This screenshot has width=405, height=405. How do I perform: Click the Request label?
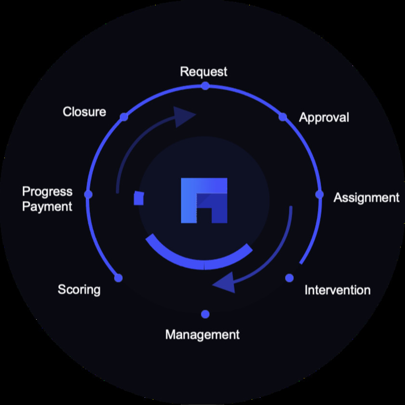tap(203, 71)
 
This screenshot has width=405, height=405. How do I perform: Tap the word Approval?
tap(324, 118)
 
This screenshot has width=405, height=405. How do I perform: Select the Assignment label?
tap(366, 198)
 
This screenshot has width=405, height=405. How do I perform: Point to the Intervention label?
tap(337, 290)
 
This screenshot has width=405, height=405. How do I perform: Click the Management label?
tap(202, 335)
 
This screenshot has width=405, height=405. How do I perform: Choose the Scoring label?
tap(79, 290)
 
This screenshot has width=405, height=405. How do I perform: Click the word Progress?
tap(47, 192)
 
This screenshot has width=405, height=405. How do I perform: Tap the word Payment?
tap(47, 207)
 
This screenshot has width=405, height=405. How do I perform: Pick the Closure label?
tap(84, 112)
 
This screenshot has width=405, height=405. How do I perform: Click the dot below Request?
tap(205, 86)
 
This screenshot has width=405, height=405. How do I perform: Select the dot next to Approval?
tap(283, 117)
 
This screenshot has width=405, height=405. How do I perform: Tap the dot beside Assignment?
tap(319, 194)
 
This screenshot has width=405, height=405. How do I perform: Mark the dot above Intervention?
tap(289, 278)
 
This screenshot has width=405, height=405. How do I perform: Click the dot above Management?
tap(205, 314)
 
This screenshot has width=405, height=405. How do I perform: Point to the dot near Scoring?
tap(118, 278)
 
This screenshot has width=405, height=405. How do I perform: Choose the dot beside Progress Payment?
tap(88, 194)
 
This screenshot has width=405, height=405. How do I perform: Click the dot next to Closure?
tap(124, 117)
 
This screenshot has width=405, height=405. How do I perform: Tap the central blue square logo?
tap(204, 201)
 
